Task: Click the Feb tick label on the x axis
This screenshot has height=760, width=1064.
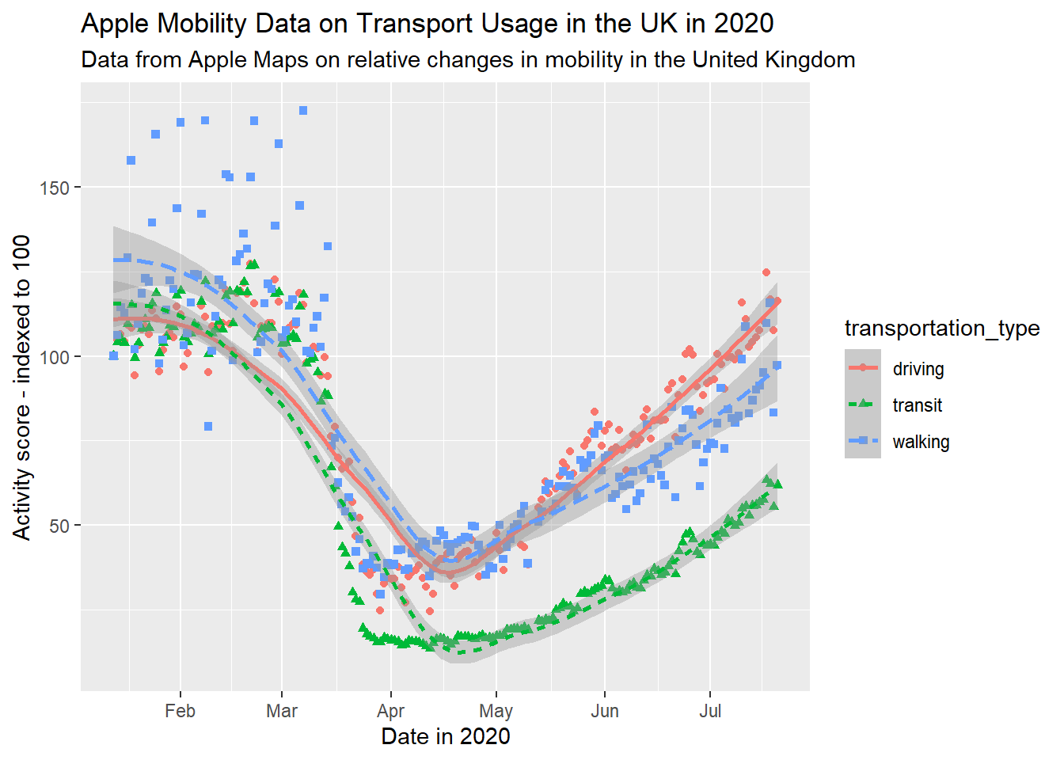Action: click(180, 711)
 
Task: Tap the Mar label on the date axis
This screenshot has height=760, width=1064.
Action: click(282, 711)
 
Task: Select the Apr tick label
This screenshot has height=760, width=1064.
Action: click(390, 711)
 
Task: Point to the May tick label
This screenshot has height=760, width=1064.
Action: click(496, 711)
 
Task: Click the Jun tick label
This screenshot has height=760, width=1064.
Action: click(605, 711)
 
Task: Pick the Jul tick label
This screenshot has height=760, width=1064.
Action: click(710, 711)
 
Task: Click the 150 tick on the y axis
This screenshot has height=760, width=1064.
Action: click(55, 188)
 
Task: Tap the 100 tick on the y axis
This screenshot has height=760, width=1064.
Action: click(55, 357)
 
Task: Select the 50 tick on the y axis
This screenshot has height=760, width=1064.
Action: click(59, 526)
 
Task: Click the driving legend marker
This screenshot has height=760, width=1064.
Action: click(863, 368)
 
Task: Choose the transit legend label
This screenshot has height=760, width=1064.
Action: click(918, 405)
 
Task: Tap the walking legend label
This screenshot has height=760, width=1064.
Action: click(921, 442)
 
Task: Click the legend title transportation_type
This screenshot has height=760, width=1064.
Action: click(942, 328)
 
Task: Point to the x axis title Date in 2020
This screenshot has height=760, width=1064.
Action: click(446, 736)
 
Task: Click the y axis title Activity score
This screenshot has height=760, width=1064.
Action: click(22, 387)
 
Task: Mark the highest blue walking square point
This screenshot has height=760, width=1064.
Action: click(303, 111)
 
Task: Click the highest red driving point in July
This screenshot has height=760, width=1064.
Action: click(766, 272)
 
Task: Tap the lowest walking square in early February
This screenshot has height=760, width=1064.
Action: click(208, 427)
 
